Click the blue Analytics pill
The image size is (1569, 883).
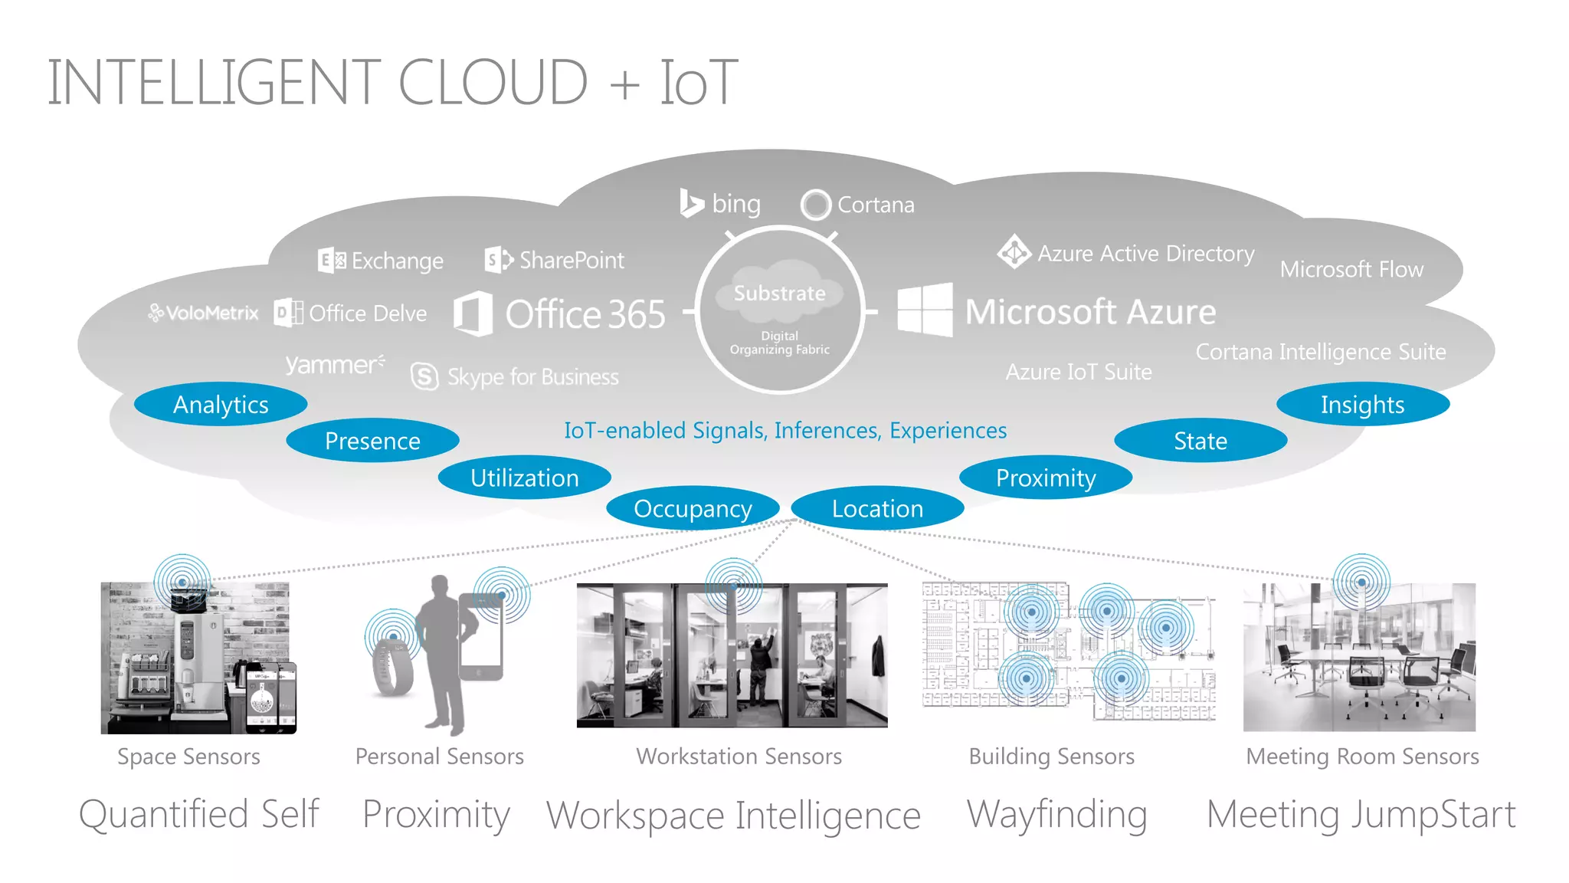click(221, 404)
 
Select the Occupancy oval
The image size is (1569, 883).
click(693, 508)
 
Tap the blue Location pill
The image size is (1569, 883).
click(877, 508)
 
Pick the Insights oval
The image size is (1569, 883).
click(1362, 404)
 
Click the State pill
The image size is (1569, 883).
click(1200, 441)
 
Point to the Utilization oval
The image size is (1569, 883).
click(525, 478)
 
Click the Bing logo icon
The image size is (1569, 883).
click(691, 203)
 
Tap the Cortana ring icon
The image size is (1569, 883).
click(815, 205)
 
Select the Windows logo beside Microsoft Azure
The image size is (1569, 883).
click(925, 310)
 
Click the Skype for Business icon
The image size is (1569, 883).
click(424, 376)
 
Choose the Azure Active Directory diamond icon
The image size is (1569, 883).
click(1014, 251)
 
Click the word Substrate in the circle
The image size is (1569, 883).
click(780, 294)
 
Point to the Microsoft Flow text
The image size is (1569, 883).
click(1351, 270)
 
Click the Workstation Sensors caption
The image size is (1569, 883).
click(739, 757)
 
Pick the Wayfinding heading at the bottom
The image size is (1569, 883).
click(1056, 814)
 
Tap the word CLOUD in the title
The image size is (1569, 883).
click(493, 83)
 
